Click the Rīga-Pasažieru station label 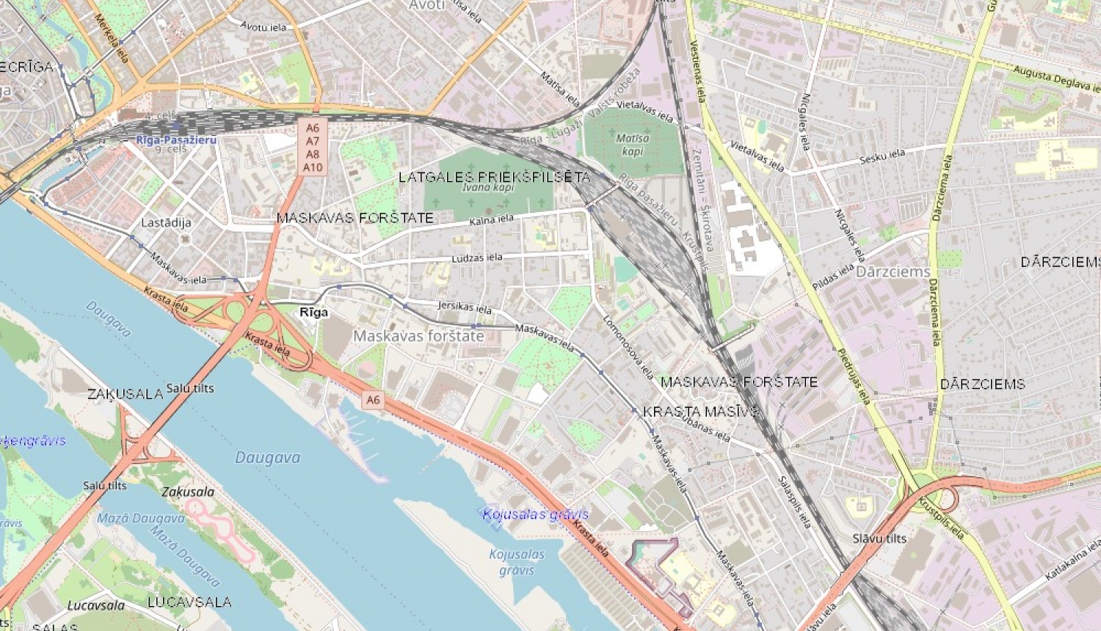[x=176, y=139]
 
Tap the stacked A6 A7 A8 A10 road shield [x=313, y=147]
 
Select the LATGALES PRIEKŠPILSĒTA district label [x=494, y=177]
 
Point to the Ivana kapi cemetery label [x=488, y=188]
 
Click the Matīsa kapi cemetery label [x=632, y=145]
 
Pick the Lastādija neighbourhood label [x=166, y=222]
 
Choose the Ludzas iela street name [x=477, y=258]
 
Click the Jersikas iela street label [x=465, y=307]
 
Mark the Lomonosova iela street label [x=628, y=346]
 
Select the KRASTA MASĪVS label [x=701, y=412]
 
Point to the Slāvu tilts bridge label [x=879, y=539]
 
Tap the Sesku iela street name [x=882, y=156]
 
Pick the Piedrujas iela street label [x=854, y=376]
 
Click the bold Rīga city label [x=314, y=313]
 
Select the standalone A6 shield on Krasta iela [x=373, y=400]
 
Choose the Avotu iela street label [x=264, y=27]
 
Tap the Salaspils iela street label [x=794, y=502]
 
